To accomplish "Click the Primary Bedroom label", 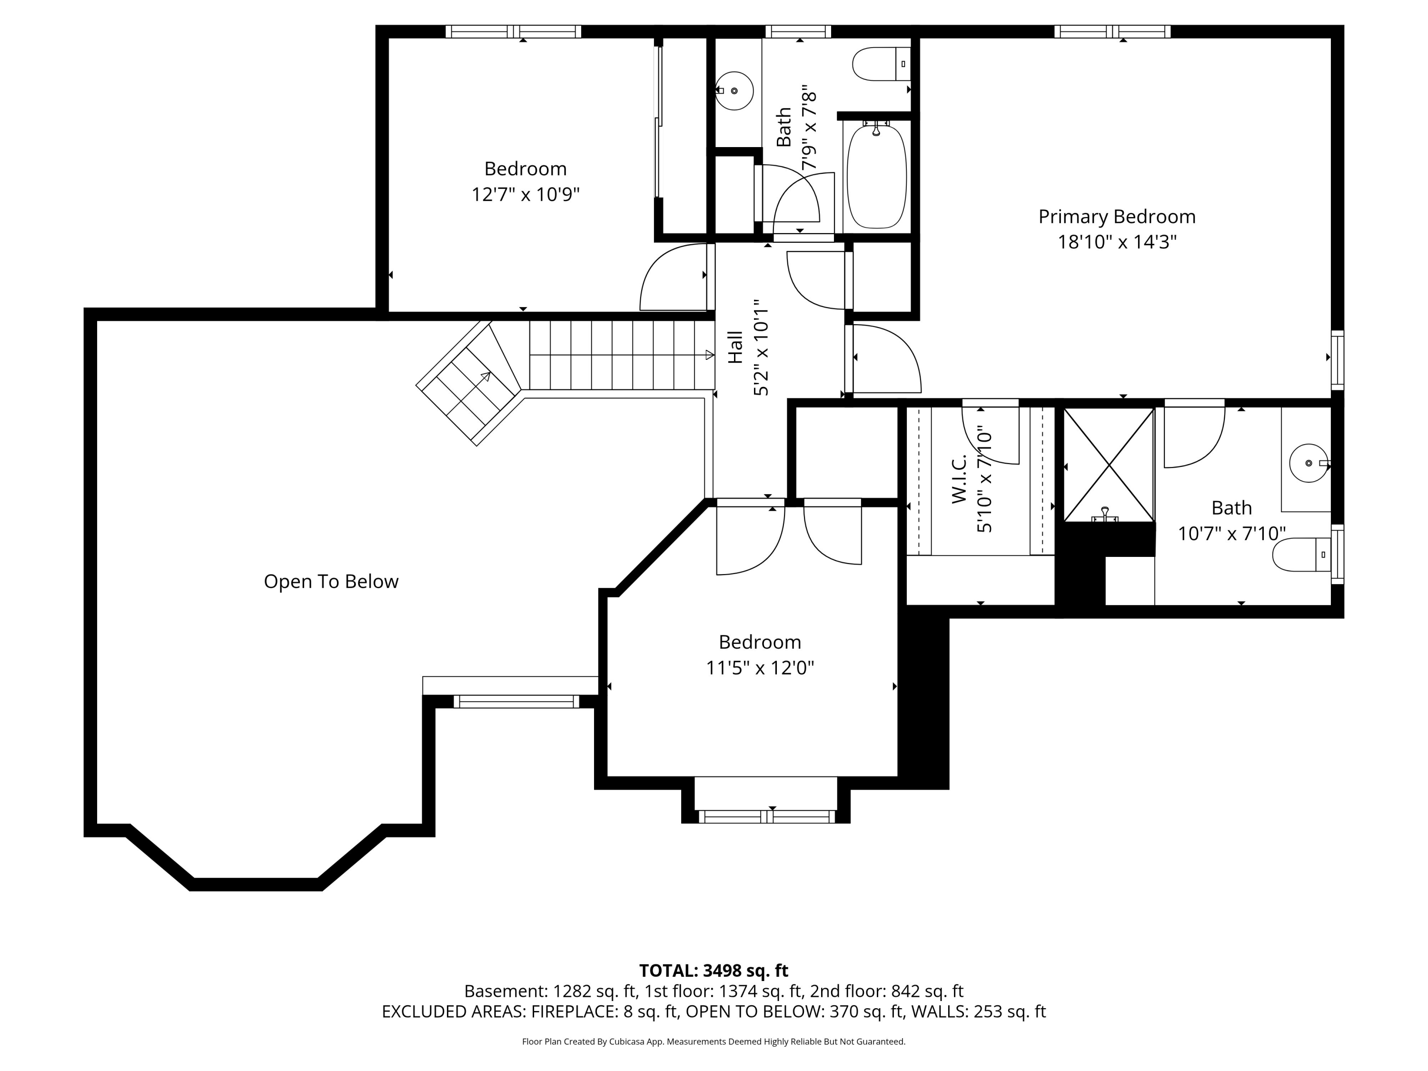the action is pos(1117,217).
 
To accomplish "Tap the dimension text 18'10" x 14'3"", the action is pos(1117,242).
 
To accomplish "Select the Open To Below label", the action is pos(331,582).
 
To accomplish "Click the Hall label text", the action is pos(735,347).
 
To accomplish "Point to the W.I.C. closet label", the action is pos(959,478).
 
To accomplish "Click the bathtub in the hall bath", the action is pos(876,176).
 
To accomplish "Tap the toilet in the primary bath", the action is pos(1301,555).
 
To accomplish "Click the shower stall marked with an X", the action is pos(1109,464).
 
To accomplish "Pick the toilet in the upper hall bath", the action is pos(881,64).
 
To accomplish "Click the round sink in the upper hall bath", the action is pos(734,91).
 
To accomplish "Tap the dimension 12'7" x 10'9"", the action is pos(526,194).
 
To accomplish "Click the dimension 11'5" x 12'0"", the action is pos(760,667).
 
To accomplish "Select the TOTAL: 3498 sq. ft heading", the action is pos(714,970).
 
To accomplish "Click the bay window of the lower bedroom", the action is pos(766,817).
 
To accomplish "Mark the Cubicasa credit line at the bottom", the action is pos(714,1041).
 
